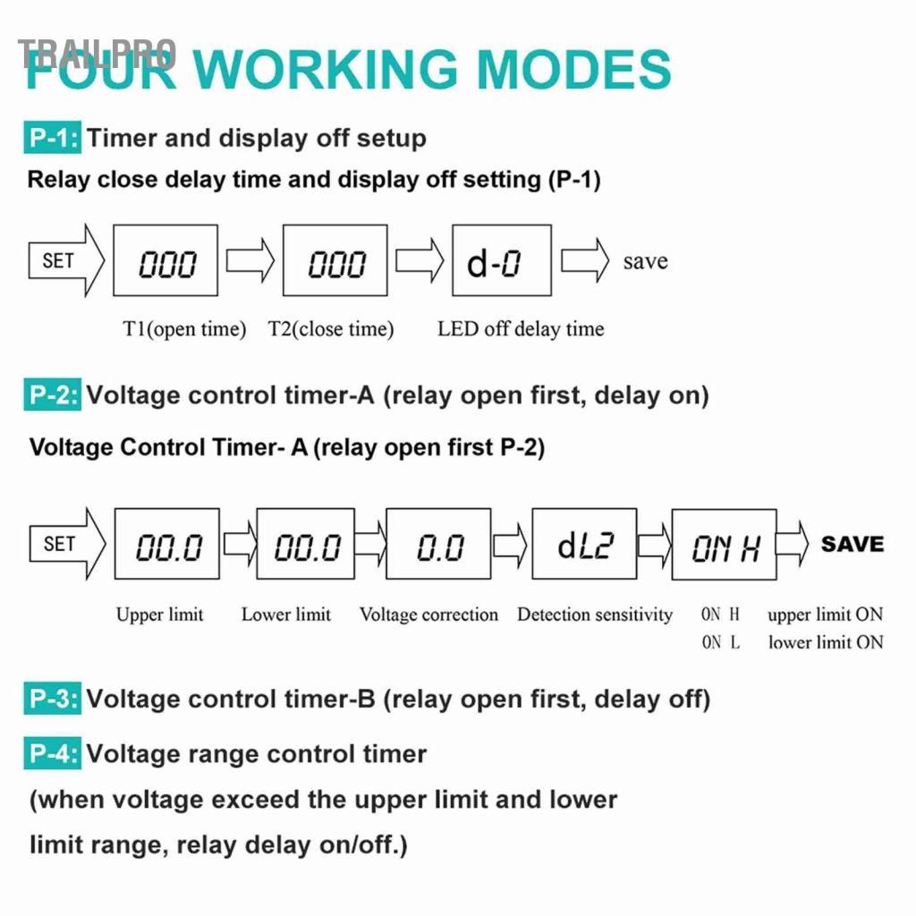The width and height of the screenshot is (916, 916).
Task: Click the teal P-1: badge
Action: [x=53, y=137]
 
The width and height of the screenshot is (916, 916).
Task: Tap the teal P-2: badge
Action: [x=53, y=394]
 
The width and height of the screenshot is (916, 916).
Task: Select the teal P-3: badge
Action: [x=53, y=698]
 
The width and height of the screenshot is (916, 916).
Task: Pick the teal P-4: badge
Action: [x=53, y=753]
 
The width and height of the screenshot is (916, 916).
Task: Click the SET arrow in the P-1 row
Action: [x=66, y=260]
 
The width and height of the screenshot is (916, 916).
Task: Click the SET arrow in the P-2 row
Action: [x=67, y=544]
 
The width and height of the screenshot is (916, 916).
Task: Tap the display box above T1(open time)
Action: [x=165, y=260]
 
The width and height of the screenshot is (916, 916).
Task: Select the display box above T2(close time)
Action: [x=335, y=260]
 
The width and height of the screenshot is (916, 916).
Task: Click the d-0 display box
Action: [x=502, y=260]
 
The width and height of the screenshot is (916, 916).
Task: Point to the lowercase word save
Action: [x=646, y=261]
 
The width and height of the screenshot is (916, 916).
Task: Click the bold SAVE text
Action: [x=852, y=544]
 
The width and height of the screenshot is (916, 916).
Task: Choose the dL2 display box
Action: [x=584, y=544]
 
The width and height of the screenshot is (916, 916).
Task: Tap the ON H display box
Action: [x=725, y=545]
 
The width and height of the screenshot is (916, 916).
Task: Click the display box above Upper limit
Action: [x=167, y=544]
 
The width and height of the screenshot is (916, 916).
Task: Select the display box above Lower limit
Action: [x=306, y=544]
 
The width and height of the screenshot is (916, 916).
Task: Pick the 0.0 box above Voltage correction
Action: [x=438, y=544]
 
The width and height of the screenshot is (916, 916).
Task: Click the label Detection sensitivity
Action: [x=595, y=615]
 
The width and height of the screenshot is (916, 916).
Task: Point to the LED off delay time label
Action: [x=521, y=329]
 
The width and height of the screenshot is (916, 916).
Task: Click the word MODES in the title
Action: [x=574, y=69]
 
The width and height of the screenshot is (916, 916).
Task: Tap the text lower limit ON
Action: [x=826, y=642]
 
